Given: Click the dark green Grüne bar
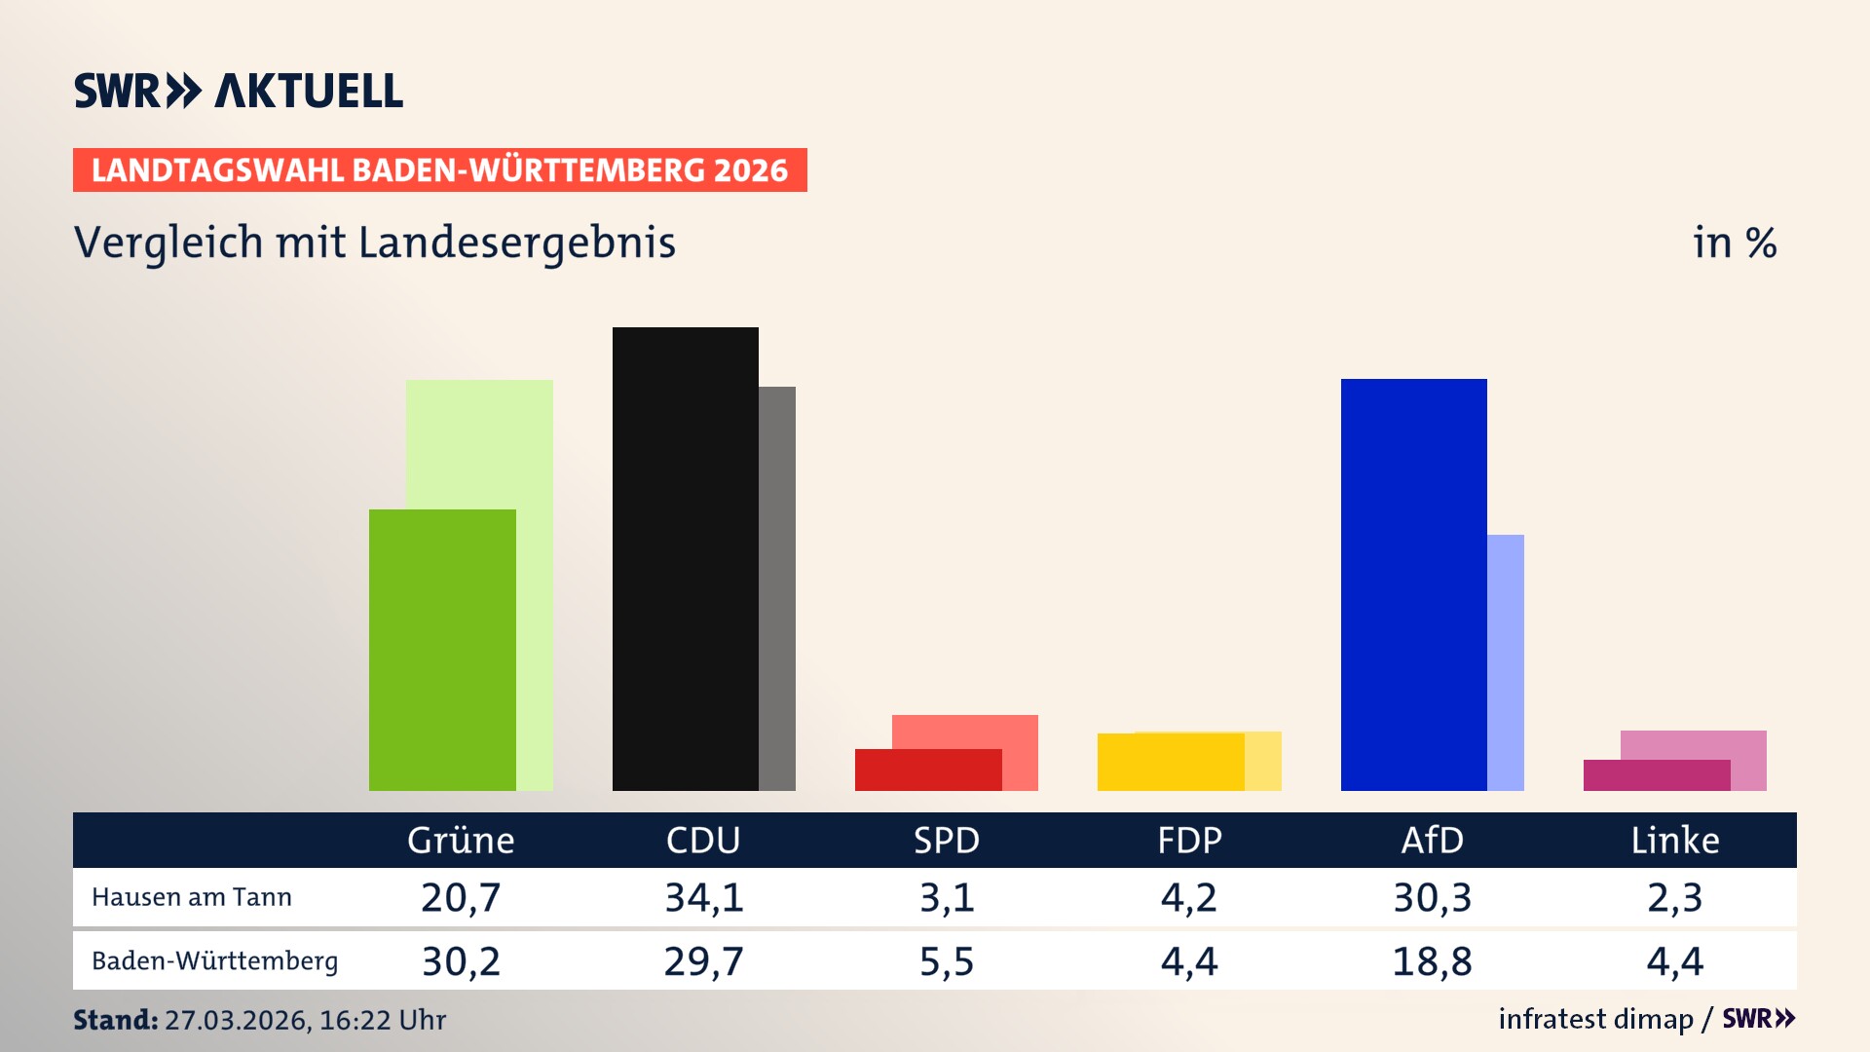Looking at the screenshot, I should [x=442, y=650].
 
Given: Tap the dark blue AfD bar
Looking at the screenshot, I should [x=1413, y=584].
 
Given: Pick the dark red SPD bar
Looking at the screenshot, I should [x=927, y=770].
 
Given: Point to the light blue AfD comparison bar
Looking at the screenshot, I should [x=1506, y=662].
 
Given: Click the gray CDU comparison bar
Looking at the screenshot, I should [x=777, y=588].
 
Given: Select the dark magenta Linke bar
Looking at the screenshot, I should [x=1656, y=775].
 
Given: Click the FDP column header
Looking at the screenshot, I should [x=1189, y=840].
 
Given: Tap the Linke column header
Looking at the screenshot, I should [x=1675, y=840].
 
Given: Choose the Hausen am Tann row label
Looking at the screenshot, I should [x=192, y=897].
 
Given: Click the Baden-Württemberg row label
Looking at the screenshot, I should [x=215, y=960].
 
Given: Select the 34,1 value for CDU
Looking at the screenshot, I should [x=704, y=897].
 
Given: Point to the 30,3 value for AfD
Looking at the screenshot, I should [x=1432, y=897].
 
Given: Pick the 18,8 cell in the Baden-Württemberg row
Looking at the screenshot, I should [x=1432, y=961].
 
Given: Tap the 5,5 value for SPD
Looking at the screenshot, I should [x=947, y=961].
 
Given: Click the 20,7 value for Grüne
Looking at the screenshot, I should [x=461, y=897].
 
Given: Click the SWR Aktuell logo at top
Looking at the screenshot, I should [x=239, y=91].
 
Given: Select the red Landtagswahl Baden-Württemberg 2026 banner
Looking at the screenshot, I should [x=439, y=170].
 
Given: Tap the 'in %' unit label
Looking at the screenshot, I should [x=1735, y=244].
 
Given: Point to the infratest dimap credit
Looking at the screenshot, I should [x=1595, y=1019].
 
